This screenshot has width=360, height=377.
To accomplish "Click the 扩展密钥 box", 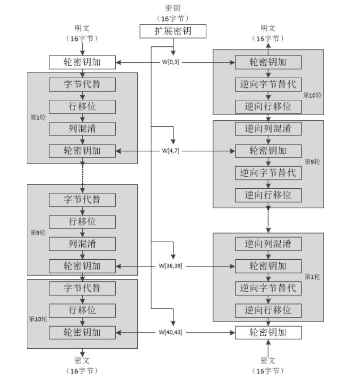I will (173, 31).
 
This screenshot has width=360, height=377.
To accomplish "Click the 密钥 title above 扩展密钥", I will (173, 8).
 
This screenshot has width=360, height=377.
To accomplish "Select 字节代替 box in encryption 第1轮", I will (82, 84).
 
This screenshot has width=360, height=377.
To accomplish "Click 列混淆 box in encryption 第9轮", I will (82, 244).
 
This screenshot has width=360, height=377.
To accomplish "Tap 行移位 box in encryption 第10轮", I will (82, 310).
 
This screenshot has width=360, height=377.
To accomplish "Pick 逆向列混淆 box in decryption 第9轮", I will (268, 129).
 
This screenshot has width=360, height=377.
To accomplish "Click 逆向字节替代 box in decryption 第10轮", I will (268, 84).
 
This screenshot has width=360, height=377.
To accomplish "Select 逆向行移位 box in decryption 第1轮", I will (268, 310).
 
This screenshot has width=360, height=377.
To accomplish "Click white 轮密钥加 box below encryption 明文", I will (82, 62).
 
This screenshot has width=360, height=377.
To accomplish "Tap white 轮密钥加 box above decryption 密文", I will (268, 332).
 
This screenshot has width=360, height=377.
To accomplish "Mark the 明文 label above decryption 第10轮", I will (268, 28).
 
